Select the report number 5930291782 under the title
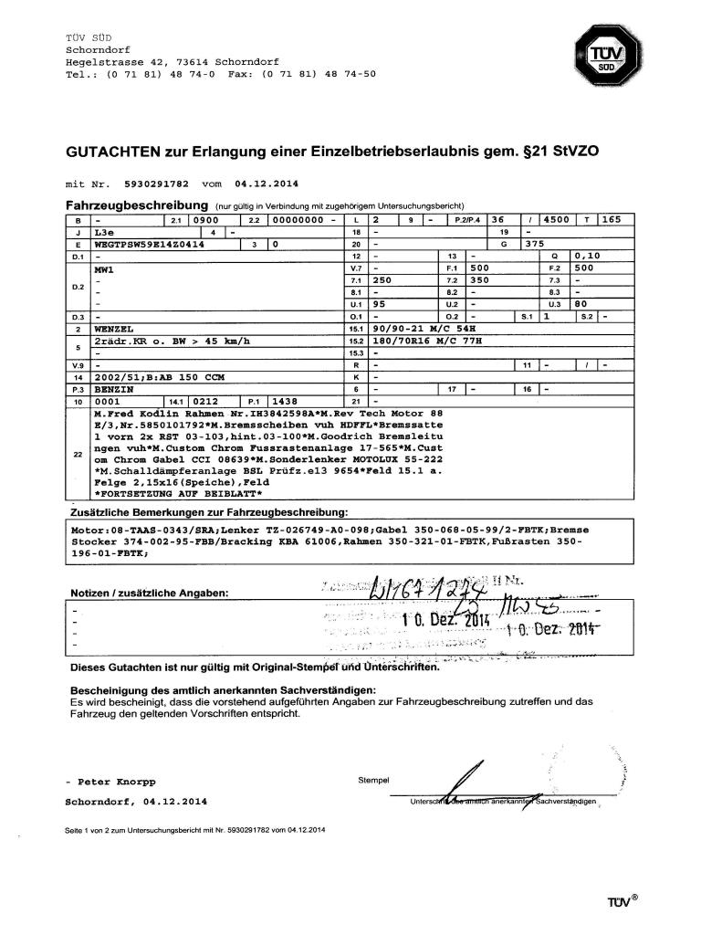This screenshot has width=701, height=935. click(x=157, y=183)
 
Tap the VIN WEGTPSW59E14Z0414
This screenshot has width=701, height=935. click(x=150, y=246)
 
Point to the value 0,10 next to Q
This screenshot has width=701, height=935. click(x=587, y=257)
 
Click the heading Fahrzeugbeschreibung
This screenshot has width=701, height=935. click(x=136, y=205)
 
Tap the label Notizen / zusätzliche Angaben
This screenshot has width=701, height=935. click(x=150, y=594)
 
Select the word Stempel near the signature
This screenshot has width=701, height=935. click(x=375, y=780)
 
